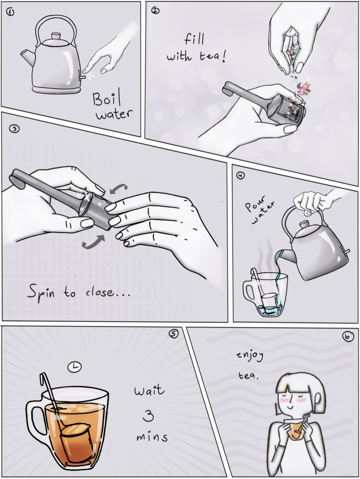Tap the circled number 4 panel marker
pos(241,175)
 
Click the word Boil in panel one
pos(107,98)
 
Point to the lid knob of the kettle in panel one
pos(56,36)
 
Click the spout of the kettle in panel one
pos(27,58)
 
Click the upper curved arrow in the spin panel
pos(118,187)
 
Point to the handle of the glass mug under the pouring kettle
pos(248,290)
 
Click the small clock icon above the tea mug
pos(75,367)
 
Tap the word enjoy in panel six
pos(250,355)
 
